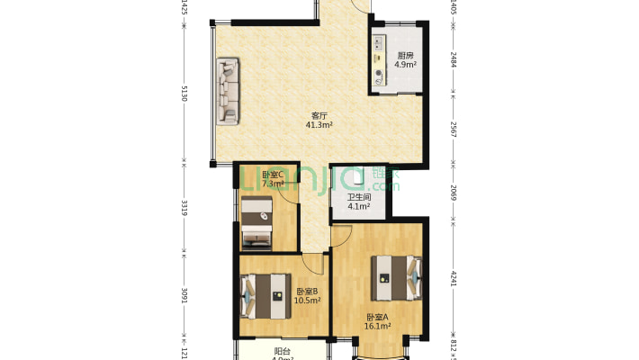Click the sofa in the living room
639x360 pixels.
[x=228, y=92]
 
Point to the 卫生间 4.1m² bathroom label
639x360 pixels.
[x=359, y=202]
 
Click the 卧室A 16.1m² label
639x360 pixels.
[x=377, y=321]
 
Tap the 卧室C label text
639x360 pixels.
[x=273, y=175]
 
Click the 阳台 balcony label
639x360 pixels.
[x=282, y=352]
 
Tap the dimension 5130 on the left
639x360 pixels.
[x=184, y=94]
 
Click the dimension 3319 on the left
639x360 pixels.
[x=184, y=209]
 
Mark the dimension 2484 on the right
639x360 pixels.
[x=454, y=59]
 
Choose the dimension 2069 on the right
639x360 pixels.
[x=454, y=191]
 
